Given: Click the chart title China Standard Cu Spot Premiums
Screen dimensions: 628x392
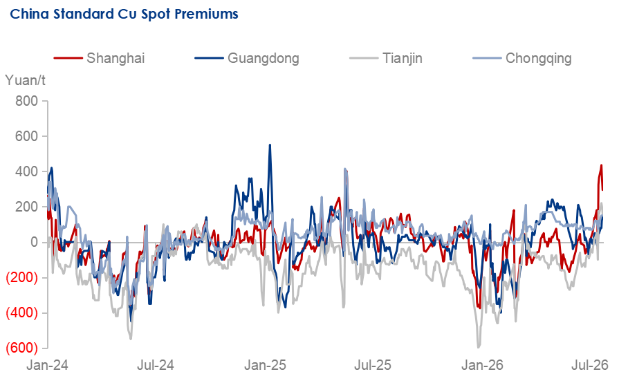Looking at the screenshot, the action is point(124,14).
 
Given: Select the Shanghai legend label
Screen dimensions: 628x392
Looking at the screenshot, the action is point(116,59).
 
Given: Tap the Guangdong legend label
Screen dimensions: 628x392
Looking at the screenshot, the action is point(263,59).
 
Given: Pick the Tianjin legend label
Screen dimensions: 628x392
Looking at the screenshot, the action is point(402,59).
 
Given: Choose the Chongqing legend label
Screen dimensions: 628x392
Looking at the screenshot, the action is point(538,59).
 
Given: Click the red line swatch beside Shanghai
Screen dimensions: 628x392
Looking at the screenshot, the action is point(68,59).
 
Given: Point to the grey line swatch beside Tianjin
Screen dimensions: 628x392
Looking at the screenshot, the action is point(364,59).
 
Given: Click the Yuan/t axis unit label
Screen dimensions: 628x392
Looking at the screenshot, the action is point(25,80).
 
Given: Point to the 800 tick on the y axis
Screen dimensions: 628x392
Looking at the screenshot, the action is point(27,101).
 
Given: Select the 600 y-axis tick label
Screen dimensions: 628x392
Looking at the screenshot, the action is point(27,136).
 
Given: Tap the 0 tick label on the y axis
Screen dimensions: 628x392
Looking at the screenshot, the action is point(34,242).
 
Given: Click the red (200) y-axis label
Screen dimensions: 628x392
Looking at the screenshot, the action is point(22,277).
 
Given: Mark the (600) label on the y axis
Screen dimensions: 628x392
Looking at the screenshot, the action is point(22,348).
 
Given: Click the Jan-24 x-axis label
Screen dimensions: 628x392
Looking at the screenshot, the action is point(47,365).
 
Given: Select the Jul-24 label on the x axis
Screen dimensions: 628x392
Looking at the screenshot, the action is point(156,365).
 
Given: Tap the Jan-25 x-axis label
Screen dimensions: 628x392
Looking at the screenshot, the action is point(265,365).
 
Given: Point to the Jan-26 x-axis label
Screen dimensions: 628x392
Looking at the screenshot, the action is point(482,365).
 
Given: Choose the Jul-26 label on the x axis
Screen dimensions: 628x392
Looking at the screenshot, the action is point(589,365).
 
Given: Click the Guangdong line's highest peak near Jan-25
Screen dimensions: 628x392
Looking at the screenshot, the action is point(270,145).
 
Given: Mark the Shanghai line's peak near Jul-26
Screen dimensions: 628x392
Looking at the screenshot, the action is point(601,165).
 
